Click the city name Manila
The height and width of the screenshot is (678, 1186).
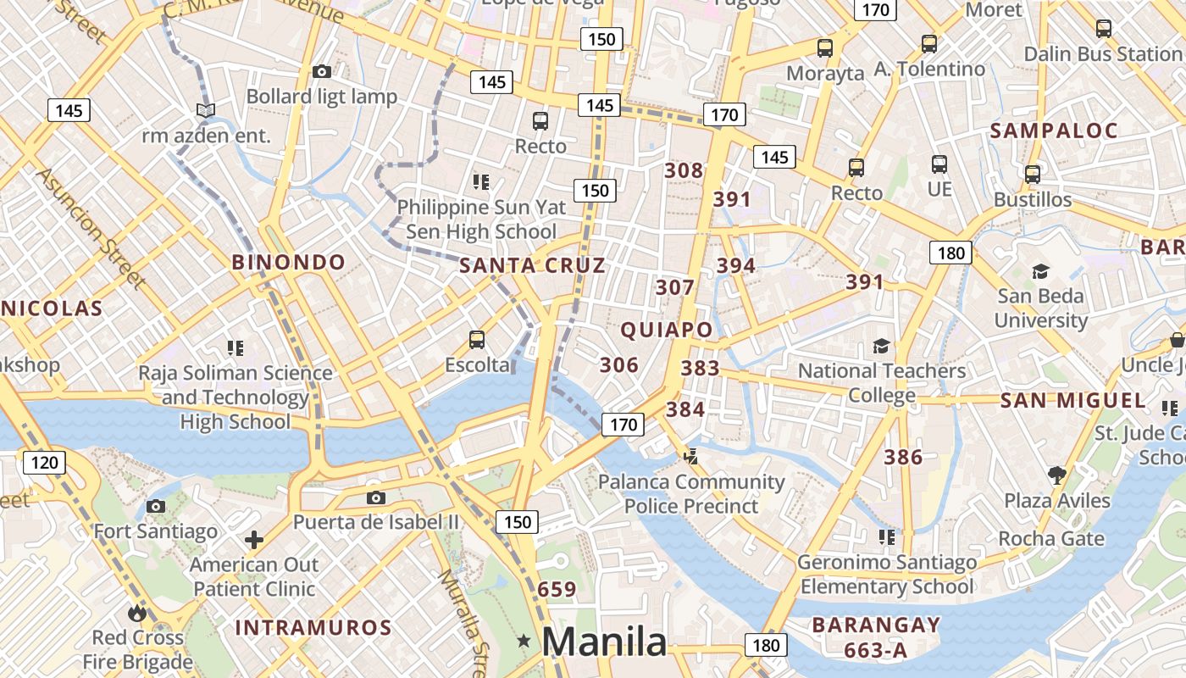pyautogui.click(x=604, y=642)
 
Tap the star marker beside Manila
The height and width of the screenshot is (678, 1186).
pyautogui.click(x=524, y=642)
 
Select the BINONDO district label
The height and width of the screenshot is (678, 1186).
pyautogui.click(x=289, y=262)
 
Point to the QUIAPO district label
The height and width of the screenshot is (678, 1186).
pyautogui.click(x=667, y=330)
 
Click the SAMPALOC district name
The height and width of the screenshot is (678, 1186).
pyautogui.click(x=1054, y=131)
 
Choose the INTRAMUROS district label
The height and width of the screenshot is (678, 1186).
pyautogui.click(x=313, y=628)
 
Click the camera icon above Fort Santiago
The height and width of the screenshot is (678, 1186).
pyautogui.click(x=156, y=507)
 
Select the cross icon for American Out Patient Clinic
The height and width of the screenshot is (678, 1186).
pyautogui.click(x=254, y=540)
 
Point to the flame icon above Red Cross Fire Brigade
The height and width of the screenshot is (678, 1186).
pyautogui.click(x=137, y=613)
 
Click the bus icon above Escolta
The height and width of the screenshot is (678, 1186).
pyautogui.click(x=477, y=340)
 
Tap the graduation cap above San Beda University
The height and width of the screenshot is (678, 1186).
pyautogui.click(x=1040, y=271)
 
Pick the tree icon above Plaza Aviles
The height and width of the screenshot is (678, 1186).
pyautogui.click(x=1056, y=475)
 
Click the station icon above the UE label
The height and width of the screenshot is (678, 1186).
pyautogui.click(x=939, y=164)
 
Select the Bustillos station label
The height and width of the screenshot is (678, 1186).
pyautogui.click(x=1033, y=200)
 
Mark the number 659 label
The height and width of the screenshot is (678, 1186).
pyautogui.click(x=557, y=589)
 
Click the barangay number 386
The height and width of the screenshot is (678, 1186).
pyautogui.click(x=903, y=458)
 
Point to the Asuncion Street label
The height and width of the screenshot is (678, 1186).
pyautogui.click(x=87, y=227)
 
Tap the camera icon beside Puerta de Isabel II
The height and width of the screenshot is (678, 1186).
pyautogui.click(x=376, y=497)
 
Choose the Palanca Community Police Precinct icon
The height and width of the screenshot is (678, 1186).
pyautogui.click(x=690, y=457)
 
